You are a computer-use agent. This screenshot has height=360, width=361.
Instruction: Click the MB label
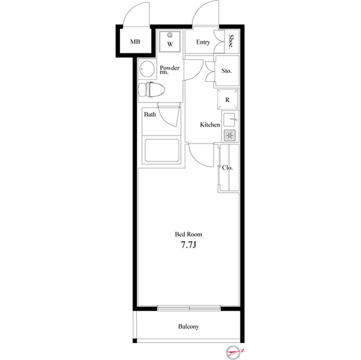pyautogui.click(x=135, y=42)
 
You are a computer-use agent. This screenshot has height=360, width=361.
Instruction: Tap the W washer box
pyautogui.click(x=170, y=42)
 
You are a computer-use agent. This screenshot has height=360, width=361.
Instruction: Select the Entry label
pyautogui.click(x=203, y=42)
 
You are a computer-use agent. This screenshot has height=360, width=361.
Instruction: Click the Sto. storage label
pyautogui.click(x=227, y=72)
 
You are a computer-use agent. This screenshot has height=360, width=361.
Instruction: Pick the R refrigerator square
pyautogui.click(x=227, y=100)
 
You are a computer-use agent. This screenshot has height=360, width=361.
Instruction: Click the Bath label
pyautogui.click(x=149, y=114)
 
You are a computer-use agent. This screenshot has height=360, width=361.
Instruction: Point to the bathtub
pyautogui.click(x=161, y=151)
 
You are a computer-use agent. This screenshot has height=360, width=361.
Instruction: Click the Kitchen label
pyautogui.click(x=210, y=125)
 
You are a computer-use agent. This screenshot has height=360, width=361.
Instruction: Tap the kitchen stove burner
pyautogui.click(x=229, y=135)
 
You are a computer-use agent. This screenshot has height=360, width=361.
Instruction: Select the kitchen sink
pyautogui.click(x=229, y=119)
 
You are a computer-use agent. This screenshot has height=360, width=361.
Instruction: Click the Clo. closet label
pyautogui.click(x=227, y=167)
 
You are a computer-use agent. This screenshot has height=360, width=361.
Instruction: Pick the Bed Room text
pyautogui.click(x=188, y=234)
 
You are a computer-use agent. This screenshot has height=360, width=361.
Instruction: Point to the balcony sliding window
pyautogui.click(x=189, y=308)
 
